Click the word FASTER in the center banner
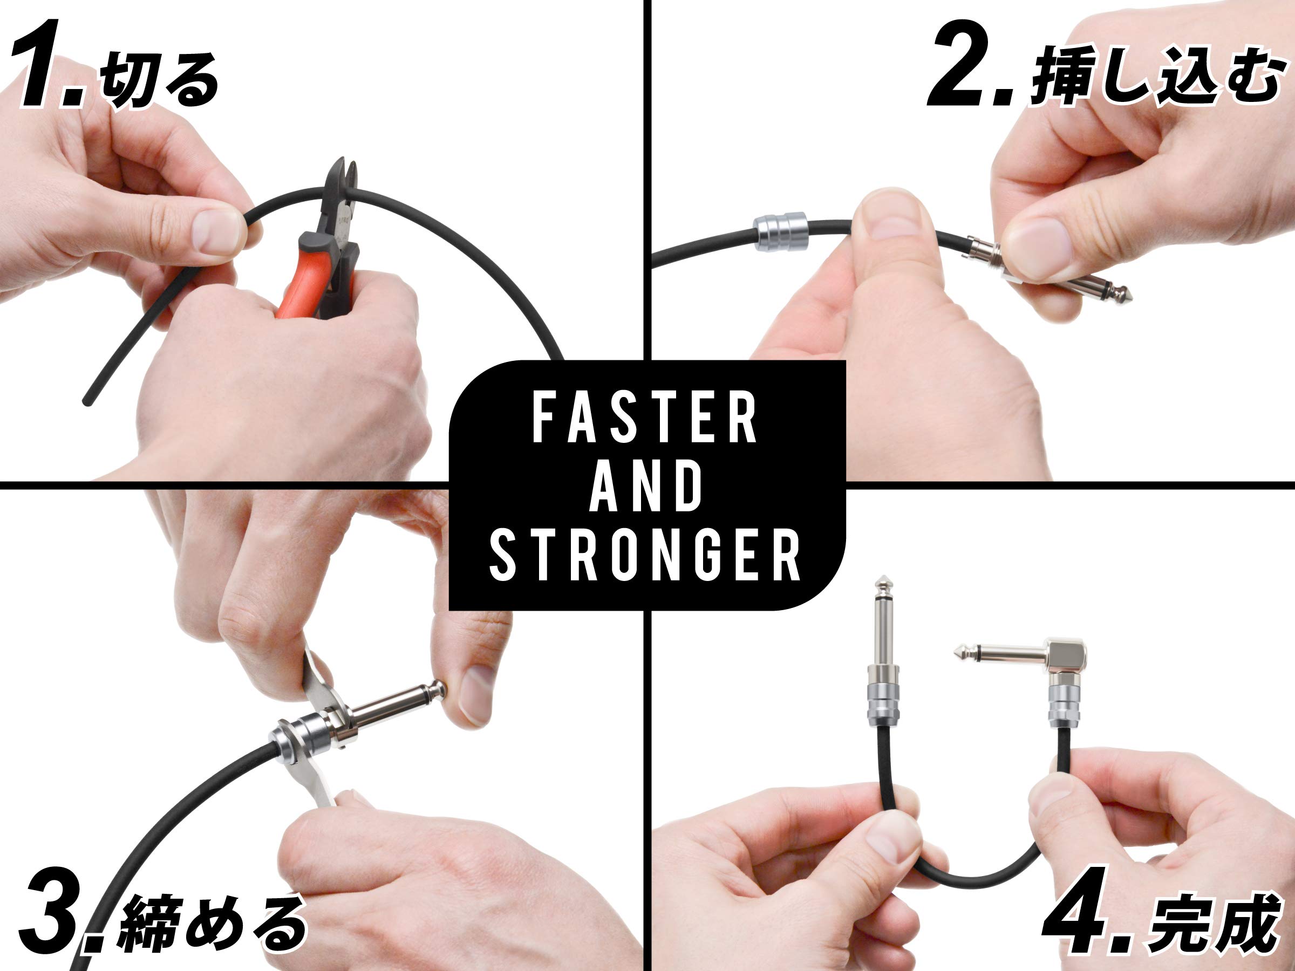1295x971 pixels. tap(645, 419)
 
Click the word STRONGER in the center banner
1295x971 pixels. tap(645, 556)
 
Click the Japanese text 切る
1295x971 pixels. tap(158, 81)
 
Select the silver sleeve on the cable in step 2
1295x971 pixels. tap(780, 232)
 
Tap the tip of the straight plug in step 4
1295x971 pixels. tap(882, 584)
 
